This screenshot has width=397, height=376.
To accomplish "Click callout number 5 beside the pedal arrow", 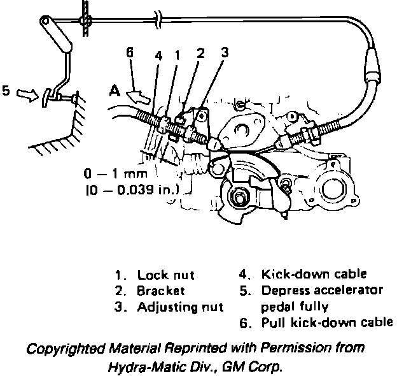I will (6, 91).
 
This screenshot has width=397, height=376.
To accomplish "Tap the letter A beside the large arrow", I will (114, 91).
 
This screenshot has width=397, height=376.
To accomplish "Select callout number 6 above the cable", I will (130, 54).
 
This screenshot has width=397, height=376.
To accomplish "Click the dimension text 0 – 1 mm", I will (115, 173).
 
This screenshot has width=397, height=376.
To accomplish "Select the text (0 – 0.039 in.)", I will (129, 189).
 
